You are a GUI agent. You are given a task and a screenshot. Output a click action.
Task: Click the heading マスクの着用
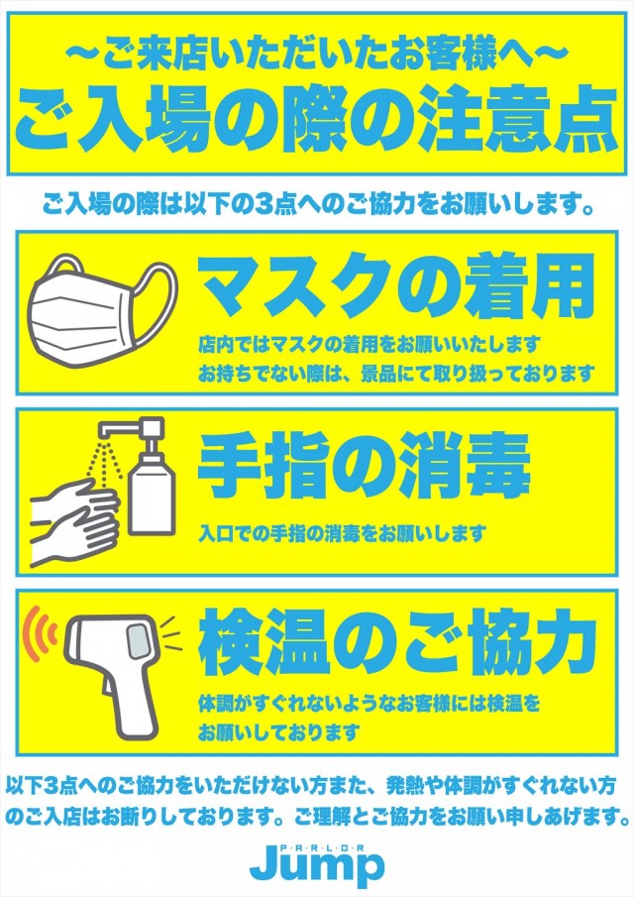coord(395,287)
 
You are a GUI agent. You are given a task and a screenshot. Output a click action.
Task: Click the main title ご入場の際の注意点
coord(316,120)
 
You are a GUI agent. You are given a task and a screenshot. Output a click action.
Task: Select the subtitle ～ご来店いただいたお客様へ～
coord(316,56)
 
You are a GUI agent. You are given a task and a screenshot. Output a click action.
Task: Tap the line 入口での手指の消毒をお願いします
coord(342,533)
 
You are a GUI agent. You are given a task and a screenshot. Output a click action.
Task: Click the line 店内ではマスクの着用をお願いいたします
coord(370,345)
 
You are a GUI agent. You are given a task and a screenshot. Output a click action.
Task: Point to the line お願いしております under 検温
coord(279,732)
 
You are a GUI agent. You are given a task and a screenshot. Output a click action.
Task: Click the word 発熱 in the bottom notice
coord(405,786)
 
